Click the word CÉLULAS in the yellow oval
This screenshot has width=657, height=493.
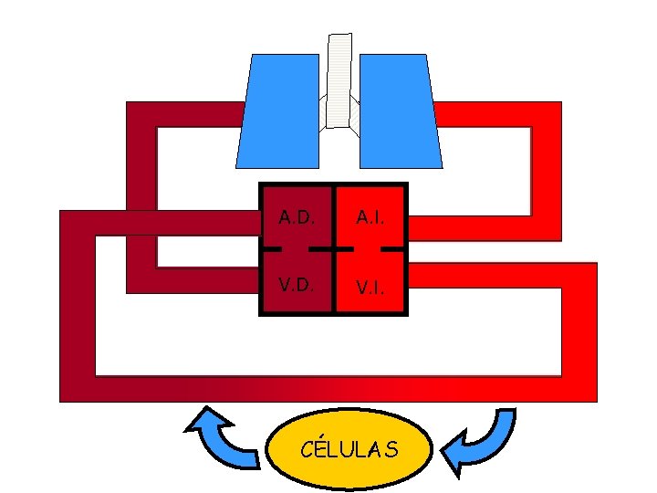click(349, 449)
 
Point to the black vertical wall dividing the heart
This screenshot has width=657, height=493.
click(335, 274)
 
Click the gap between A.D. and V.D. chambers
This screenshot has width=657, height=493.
click(295, 248)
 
